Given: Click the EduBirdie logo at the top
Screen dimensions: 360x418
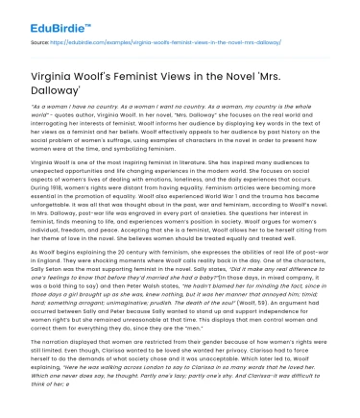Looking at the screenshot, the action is tap(39, 18).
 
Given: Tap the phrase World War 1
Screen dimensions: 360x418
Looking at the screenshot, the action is tap(225, 200).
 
